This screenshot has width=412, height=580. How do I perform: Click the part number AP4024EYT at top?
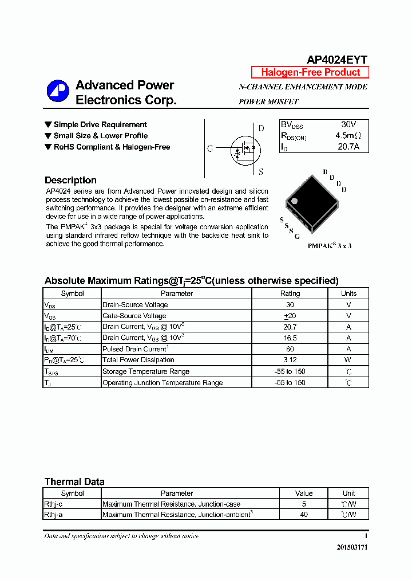click(337, 60)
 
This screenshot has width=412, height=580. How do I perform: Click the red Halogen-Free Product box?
click(310, 72)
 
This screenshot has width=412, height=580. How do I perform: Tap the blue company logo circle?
click(58, 92)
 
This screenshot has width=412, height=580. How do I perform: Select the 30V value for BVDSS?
click(348, 124)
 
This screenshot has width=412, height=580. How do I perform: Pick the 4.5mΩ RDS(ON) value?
click(348, 136)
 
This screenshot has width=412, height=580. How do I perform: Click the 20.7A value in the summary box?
click(348, 147)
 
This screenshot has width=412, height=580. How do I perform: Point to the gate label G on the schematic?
click(210, 148)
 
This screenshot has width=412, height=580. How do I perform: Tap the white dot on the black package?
click(295, 201)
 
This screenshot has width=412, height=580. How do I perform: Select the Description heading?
click(70, 180)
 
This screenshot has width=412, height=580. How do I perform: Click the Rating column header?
click(290, 293)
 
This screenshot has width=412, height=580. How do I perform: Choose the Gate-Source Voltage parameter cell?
click(134, 316)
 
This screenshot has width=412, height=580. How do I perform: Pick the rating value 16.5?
click(290, 338)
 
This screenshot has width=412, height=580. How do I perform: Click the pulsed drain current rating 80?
click(290, 349)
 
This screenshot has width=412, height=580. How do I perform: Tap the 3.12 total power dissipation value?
click(290, 360)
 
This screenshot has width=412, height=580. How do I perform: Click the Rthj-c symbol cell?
click(53, 504)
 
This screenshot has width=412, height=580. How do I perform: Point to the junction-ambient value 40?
click(304, 515)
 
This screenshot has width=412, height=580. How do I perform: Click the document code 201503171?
click(352, 547)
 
